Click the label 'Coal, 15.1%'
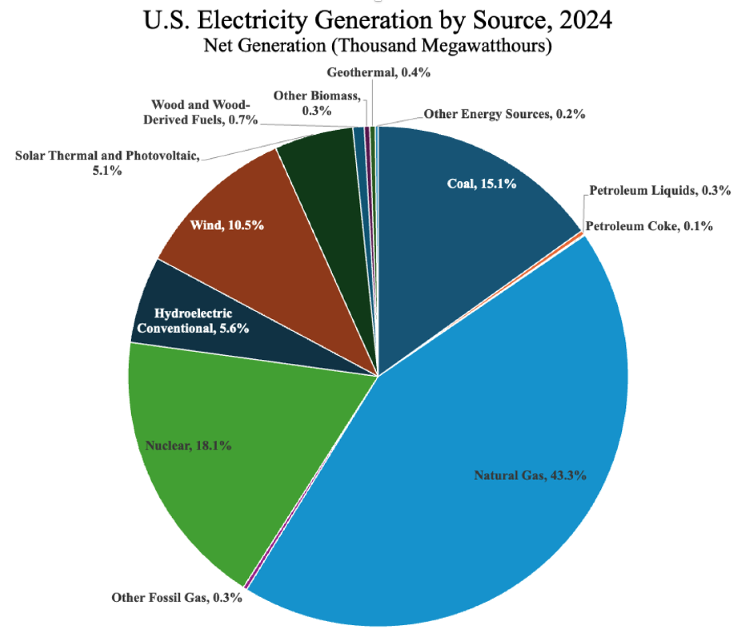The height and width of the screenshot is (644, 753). coord(481,184)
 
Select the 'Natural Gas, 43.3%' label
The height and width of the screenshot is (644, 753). coord(530,475)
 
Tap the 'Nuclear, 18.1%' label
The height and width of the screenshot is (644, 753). coord(188,445)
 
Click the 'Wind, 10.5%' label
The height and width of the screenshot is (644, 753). coord(227,225)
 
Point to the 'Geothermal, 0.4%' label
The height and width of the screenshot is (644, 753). coord(378,72)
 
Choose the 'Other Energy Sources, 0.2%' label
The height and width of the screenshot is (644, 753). coord(504,114)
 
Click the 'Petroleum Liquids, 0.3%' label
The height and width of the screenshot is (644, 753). coord(660,190)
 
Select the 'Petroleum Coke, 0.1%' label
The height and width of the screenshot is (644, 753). coord(649,226)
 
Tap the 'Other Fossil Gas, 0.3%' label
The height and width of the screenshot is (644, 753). coord(177,598)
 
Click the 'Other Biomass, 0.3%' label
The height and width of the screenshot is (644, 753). coord(317,103)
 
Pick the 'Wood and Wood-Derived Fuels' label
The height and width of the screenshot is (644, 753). coord(200,112)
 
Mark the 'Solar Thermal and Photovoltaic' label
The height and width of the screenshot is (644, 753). coord(107,163)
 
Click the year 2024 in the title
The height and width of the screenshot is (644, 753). coord(585,20)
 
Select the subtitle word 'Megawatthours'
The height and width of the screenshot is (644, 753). coord(484,45)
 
